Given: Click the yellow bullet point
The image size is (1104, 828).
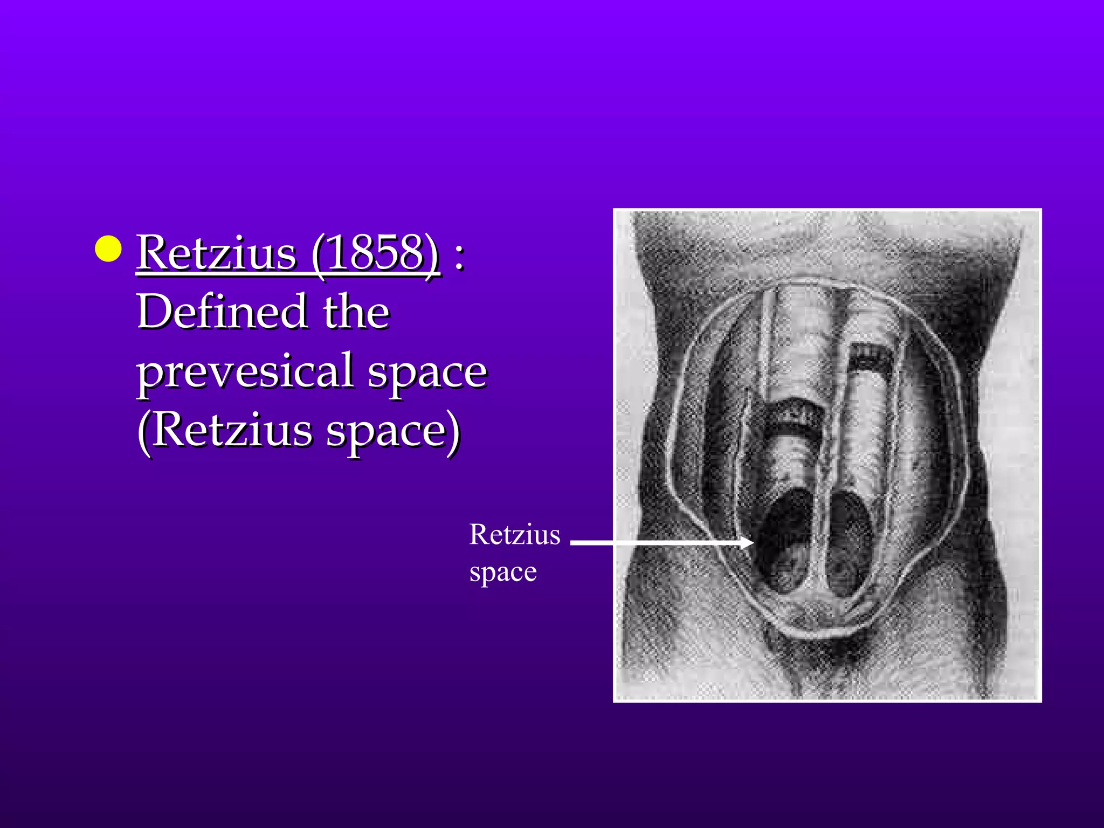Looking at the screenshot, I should coord(108,249).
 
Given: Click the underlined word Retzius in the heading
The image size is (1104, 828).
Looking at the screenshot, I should coord(216,253).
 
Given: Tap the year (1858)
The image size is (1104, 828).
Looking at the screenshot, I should coord(375,253).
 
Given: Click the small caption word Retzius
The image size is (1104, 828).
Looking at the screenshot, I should coord(515,535).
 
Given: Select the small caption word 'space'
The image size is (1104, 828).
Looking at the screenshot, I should coord(503,572).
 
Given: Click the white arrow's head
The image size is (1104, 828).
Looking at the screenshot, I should coord(747,542).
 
